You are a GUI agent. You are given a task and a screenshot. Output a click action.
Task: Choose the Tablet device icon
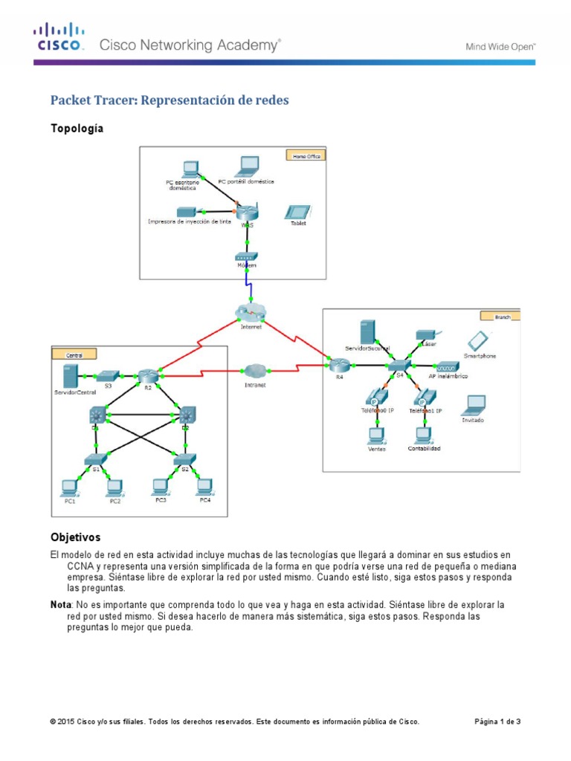pos(297,212)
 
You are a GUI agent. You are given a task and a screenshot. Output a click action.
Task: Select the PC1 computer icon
pos(69,487)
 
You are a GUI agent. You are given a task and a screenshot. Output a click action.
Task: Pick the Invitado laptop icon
pos(473,405)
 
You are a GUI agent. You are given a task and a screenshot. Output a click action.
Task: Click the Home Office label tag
pos(305,156)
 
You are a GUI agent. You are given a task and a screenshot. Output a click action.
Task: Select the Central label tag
pos(74,355)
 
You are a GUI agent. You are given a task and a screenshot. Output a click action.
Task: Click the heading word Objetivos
pos(75,537)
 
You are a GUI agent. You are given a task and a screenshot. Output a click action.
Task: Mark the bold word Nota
pos(62,605)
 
